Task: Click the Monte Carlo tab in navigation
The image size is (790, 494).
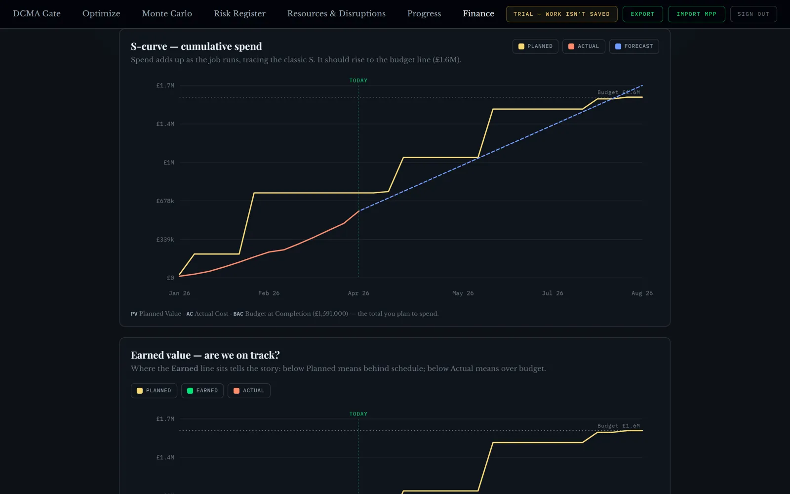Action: point(167,14)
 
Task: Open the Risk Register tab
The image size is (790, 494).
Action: point(239,14)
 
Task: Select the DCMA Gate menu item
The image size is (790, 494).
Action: point(37,14)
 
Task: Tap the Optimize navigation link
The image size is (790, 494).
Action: point(101,14)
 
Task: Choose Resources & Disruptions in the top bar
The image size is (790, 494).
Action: point(336,14)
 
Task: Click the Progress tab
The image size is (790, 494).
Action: point(424,14)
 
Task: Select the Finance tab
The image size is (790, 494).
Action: point(478,14)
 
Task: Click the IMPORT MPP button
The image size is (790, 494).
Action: point(696,14)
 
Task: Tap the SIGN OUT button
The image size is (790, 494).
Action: point(753,14)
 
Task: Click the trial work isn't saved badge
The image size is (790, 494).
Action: point(561,14)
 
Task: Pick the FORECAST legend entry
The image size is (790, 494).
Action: point(634,46)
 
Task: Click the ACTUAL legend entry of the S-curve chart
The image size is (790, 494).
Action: point(583,46)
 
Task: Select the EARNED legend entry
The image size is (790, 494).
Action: point(202,391)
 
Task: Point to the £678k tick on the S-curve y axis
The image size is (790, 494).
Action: point(165,201)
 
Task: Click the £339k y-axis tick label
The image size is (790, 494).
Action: point(165,239)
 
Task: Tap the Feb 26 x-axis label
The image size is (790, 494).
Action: point(269,293)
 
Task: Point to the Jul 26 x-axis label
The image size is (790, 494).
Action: point(553,293)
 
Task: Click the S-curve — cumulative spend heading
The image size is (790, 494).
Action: point(197,46)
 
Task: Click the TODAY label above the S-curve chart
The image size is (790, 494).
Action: point(358,81)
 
